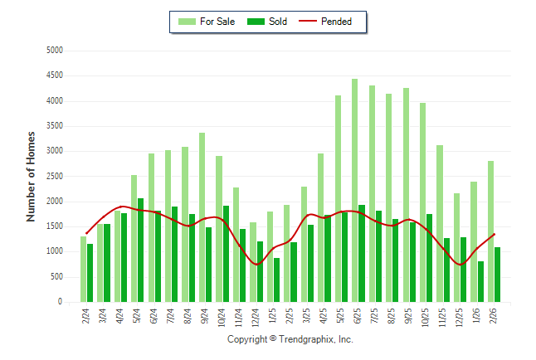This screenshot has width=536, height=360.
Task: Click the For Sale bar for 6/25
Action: point(355,191)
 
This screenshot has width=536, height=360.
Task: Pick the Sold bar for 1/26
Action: point(481,282)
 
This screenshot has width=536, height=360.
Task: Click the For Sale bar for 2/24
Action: point(83,270)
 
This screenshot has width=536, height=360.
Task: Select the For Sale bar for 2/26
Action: point(491,231)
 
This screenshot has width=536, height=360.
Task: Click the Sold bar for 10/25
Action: point(430,258)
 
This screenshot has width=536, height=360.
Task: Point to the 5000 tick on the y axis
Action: point(55,51)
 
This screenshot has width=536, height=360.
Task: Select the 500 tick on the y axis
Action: point(57,277)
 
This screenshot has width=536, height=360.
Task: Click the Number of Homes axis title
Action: point(32,176)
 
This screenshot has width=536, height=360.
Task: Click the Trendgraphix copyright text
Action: point(290,339)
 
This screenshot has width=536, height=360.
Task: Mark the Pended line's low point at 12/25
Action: point(461,265)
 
